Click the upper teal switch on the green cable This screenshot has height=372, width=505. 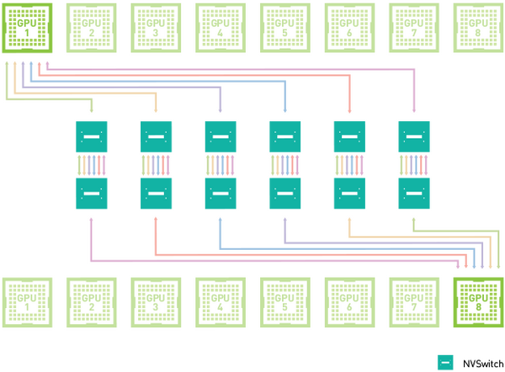(91, 136)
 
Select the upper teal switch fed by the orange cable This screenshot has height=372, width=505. (156, 136)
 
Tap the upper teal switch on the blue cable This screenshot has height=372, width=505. (284, 136)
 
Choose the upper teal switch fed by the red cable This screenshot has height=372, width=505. (349, 136)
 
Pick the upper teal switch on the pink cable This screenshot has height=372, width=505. (413, 136)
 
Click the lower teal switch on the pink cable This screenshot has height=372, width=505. (91, 194)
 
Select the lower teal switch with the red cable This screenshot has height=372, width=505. (156, 194)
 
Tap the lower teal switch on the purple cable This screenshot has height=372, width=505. (284, 194)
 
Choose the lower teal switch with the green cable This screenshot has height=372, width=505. (413, 194)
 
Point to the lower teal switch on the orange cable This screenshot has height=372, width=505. (349, 194)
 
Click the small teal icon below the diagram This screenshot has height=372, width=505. (444, 361)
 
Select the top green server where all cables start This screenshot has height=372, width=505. (27, 28)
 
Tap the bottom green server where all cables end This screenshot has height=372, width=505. (477, 301)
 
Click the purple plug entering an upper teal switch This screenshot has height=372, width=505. (221, 109)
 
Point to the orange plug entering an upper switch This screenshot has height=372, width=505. (156, 109)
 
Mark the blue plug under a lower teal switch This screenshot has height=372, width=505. (221, 221)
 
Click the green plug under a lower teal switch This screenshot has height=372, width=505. (413, 221)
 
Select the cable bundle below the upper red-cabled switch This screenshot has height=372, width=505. (349, 165)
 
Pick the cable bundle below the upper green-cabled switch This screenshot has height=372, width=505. (91, 165)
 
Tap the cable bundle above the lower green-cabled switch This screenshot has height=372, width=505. (413, 165)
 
